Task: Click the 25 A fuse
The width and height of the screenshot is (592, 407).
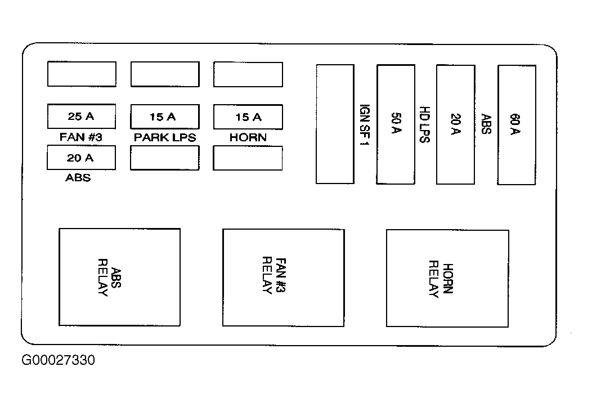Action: point(82,117)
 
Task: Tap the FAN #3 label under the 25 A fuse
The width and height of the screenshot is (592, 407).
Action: point(81,137)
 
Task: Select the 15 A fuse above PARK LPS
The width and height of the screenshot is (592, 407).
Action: point(165,117)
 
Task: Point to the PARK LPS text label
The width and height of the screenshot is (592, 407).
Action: point(165,137)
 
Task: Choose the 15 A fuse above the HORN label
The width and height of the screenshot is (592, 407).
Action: point(248,117)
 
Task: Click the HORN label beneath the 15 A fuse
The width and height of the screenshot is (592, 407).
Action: point(248,137)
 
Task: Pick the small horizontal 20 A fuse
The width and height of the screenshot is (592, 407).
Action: point(81,158)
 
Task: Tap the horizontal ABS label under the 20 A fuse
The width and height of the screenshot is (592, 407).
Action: point(78,177)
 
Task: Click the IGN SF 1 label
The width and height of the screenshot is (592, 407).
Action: point(364,125)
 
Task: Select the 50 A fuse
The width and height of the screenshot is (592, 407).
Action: point(396,124)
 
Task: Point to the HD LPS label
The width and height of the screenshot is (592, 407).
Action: point(425,124)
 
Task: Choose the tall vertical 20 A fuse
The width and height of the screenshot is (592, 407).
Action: point(456,124)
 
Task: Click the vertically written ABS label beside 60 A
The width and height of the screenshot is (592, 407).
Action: point(486,124)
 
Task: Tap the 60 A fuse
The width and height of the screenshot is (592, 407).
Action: point(517,124)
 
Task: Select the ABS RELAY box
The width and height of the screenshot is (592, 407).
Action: point(120,277)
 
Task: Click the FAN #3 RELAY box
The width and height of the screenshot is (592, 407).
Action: point(284,278)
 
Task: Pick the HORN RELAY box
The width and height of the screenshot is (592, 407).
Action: point(447,278)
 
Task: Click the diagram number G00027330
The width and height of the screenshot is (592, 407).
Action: point(58,360)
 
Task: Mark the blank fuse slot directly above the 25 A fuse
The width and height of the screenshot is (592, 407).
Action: point(82,74)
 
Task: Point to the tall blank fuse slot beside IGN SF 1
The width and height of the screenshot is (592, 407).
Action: point(335,124)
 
